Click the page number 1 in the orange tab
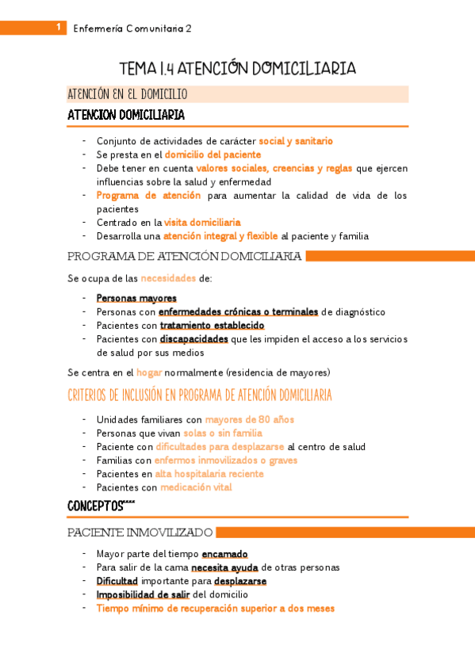click(59, 28)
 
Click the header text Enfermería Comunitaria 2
click(132, 29)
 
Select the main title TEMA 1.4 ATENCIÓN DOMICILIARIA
click(237, 69)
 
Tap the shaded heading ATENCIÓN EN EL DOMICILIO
click(128, 94)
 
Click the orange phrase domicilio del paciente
click(213, 155)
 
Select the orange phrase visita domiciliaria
click(202, 223)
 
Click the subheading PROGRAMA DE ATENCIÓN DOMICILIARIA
click(184, 256)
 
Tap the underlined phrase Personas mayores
click(136, 298)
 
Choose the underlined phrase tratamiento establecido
click(212, 325)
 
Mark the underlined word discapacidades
click(194, 338)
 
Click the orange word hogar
click(149, 372)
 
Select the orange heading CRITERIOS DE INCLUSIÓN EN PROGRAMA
click(200, 395)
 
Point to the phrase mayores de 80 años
click(249, 419)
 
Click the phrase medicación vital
click(195, 487)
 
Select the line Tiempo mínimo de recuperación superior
click(215, 609)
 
